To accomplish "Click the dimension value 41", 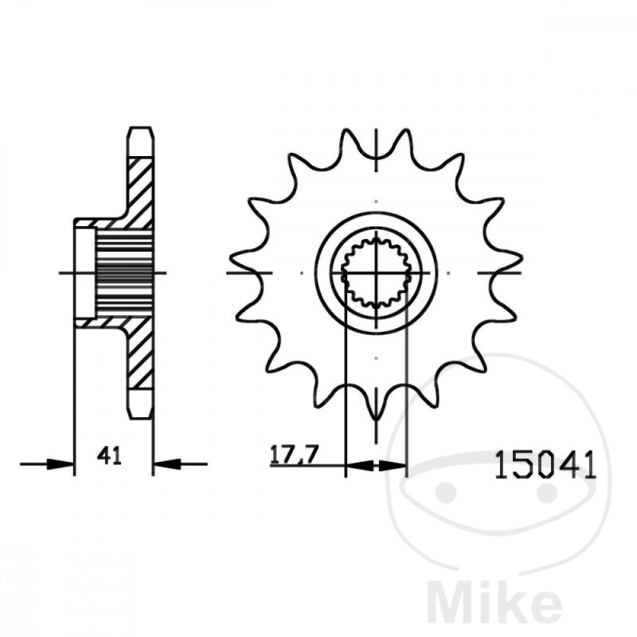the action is point(109,455).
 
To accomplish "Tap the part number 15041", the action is point(545,465).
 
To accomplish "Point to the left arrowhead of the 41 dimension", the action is point(61,463).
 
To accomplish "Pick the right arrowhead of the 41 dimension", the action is point(167,463).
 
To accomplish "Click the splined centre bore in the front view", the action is point(376,272).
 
